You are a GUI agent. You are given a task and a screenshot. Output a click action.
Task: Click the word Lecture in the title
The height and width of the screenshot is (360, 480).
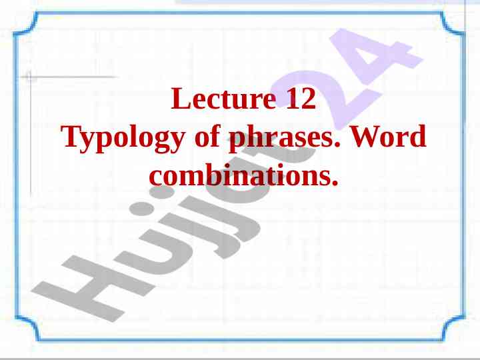[223, 98]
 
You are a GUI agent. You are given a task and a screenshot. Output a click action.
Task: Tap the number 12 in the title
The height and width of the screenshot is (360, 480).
[301, 98]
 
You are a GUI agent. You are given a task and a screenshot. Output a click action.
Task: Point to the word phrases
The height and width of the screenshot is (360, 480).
[281, 138]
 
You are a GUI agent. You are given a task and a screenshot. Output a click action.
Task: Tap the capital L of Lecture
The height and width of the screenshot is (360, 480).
[180, 98]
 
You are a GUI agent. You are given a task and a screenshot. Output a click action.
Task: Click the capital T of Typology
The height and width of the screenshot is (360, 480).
[73, 136]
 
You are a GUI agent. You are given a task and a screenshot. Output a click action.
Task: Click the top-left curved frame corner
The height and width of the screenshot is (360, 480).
[25, 24]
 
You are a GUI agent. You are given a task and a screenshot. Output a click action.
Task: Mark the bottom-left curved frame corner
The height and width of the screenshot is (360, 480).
[27, 327]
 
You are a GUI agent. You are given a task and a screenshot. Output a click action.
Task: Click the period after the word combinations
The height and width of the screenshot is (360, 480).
[335, 184]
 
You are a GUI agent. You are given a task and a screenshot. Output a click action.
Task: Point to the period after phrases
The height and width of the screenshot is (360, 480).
[337, 145]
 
